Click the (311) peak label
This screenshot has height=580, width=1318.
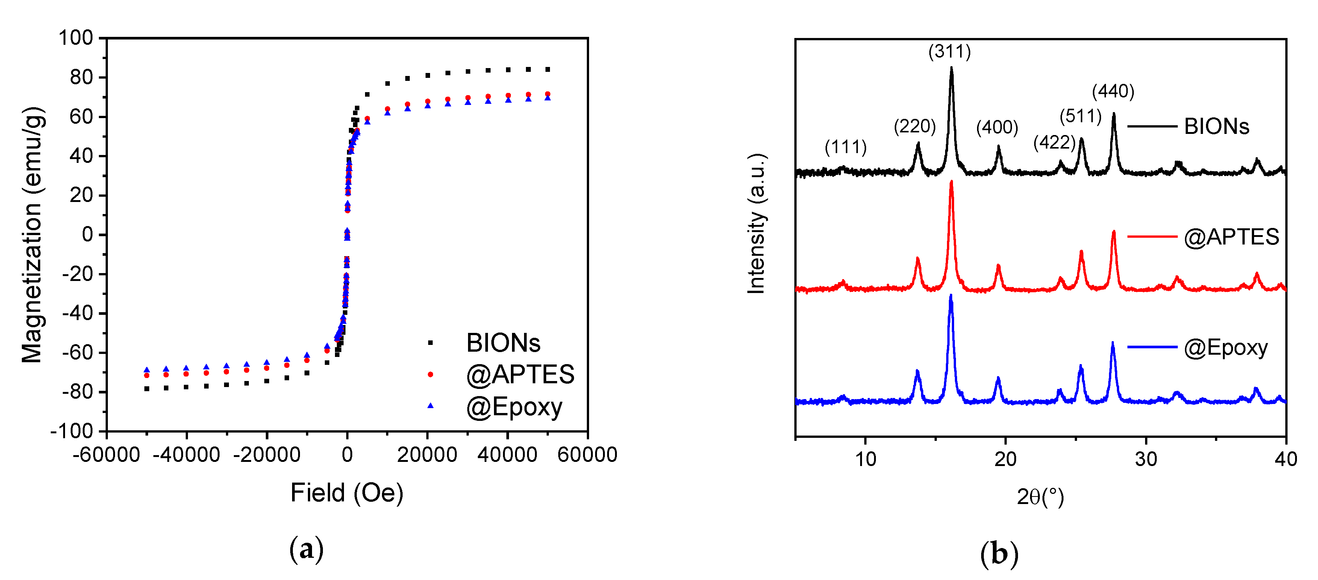point(949,52)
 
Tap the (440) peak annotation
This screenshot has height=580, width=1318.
point(1113,92)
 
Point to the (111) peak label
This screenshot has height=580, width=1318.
point(845,147)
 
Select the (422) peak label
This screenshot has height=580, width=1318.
point(1054,142)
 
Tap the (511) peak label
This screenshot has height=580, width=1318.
point(1080,116)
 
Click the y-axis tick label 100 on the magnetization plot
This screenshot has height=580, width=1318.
point(75,38)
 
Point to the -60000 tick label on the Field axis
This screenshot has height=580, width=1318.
point(106,455)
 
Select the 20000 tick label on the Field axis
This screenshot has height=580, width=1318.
point(427,455)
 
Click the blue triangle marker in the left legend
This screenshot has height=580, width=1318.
point(430,406)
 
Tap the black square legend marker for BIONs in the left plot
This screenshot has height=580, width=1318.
point(430,343)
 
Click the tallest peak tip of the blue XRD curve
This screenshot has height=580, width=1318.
point(951,296)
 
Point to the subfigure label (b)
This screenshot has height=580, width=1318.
point(999,554)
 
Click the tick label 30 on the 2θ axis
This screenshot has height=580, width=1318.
point(1145,459)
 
